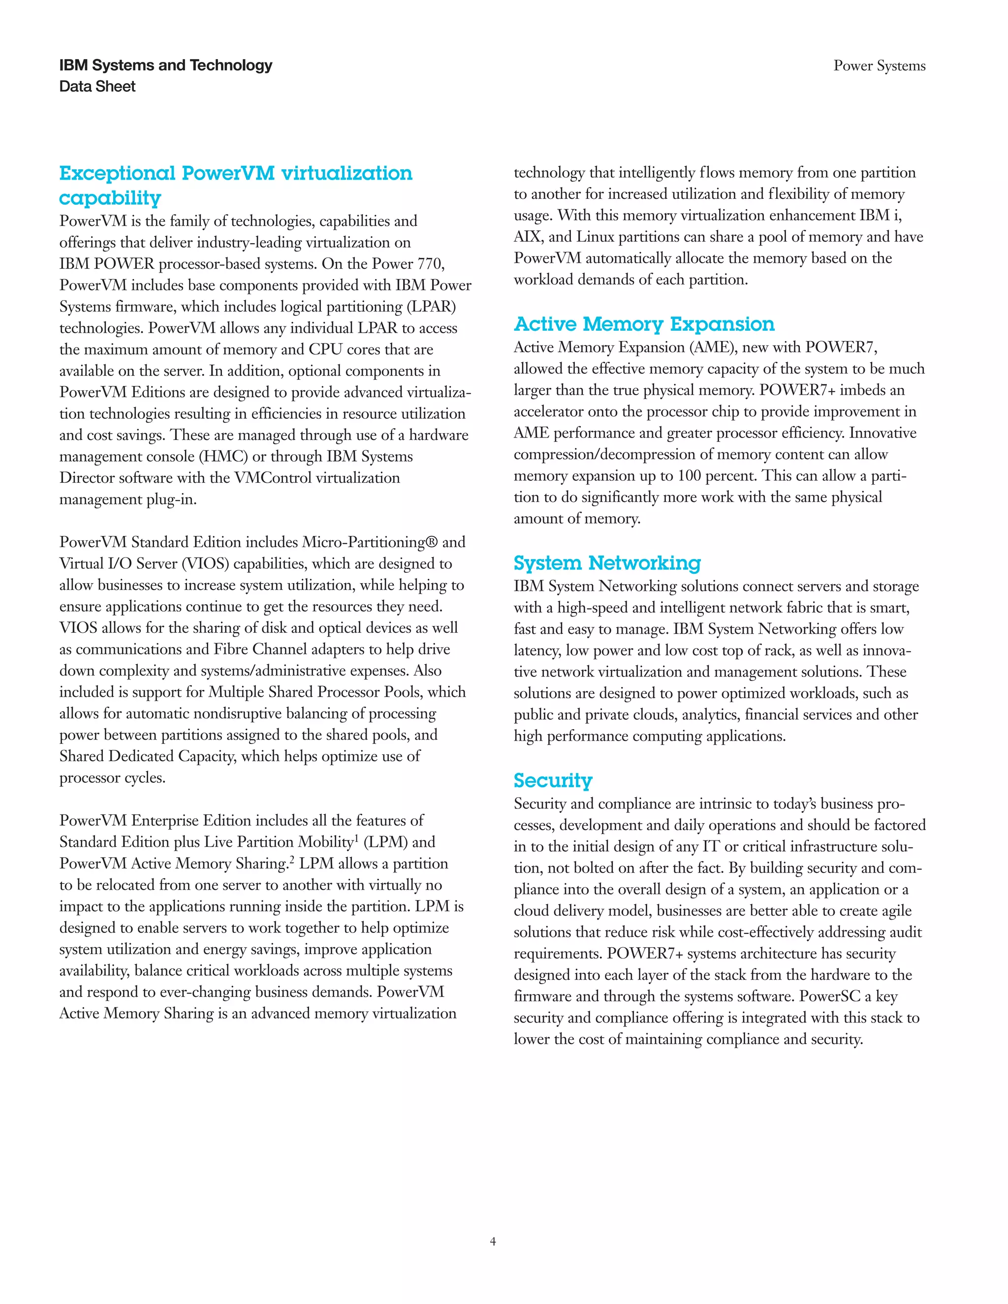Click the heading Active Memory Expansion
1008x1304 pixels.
coord(644,324)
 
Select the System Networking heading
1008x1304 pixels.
coord(607,563)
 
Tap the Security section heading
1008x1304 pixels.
coord(552,780)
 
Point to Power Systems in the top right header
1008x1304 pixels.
coord(879,65)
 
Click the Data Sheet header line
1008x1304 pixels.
coord(97,87)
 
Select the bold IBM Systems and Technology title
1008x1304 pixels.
coord(165,65)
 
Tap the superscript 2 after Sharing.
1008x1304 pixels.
coord(292,860)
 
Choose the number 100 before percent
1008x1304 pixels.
coord(689,476)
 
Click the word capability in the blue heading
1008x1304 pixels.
coord(110,198)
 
